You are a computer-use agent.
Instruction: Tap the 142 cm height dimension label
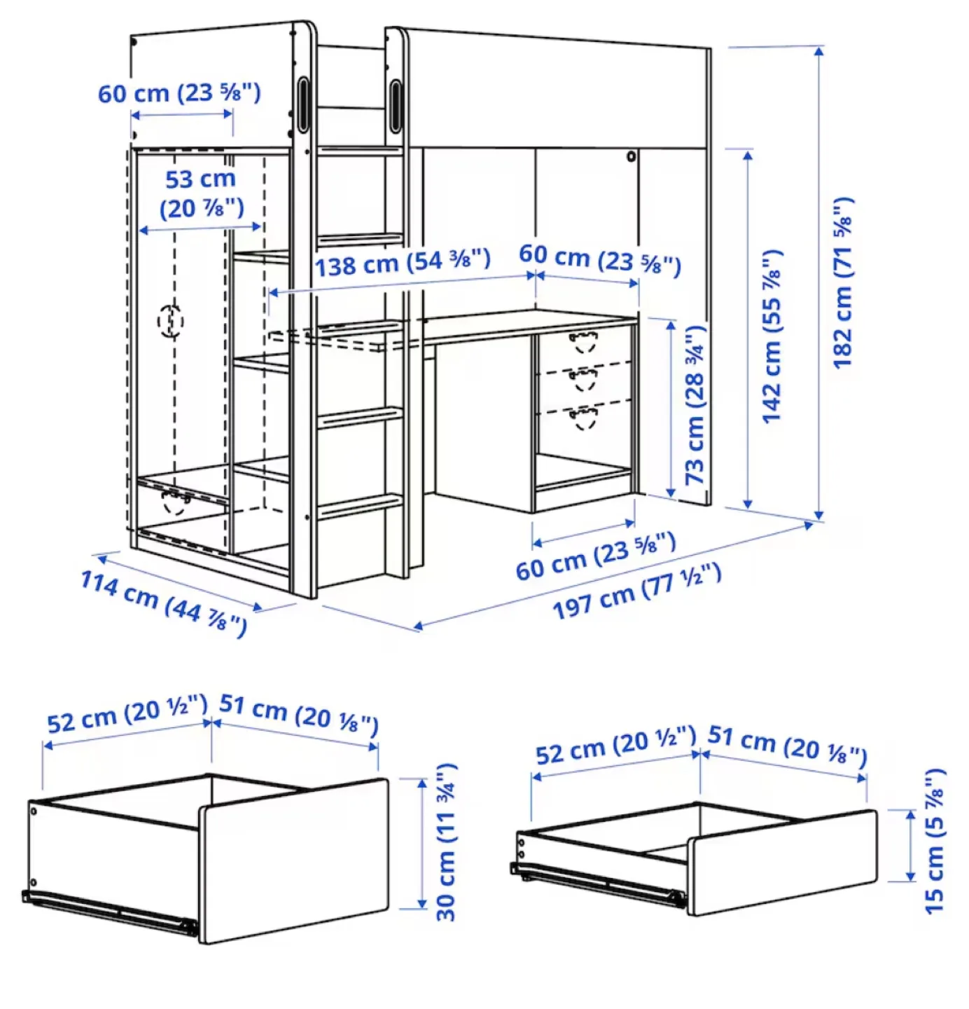[772, 336]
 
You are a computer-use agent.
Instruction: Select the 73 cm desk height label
[695, 405]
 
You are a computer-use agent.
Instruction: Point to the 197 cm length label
[636, 591]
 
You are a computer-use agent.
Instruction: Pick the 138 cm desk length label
[402, 263]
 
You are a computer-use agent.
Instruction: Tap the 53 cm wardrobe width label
[201, 193]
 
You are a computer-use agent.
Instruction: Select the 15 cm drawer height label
[935, 842]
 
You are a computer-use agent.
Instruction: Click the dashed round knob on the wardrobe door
[170, 321]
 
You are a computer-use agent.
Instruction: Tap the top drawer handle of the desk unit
[583, 342]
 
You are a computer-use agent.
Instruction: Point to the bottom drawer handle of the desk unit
[583, 418]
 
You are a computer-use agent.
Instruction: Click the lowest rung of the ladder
[360, 505]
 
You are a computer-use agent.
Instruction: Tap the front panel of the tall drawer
[294, 858]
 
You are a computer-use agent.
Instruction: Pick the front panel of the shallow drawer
[782, 863]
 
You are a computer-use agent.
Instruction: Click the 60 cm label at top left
[179, 93]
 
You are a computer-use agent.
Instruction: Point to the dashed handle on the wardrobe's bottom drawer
[176, 500]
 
